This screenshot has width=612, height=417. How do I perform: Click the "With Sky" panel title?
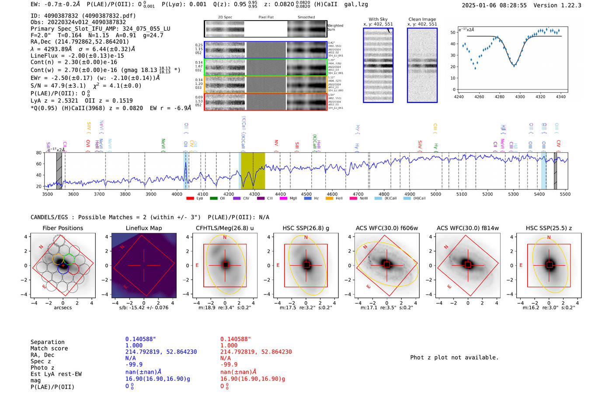pos(378,19)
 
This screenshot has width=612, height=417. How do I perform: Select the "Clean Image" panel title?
pos(422,19)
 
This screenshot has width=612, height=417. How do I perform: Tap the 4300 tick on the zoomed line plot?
pos(520,97)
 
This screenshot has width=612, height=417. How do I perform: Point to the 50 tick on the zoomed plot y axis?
pos(453,32)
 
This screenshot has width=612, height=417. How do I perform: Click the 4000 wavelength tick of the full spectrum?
pos(177,194)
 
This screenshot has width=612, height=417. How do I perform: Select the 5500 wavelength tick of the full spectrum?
pos(565,194)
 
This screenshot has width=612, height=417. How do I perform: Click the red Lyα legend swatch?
pos(190,199)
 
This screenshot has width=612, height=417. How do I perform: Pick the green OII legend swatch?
pos(214,199)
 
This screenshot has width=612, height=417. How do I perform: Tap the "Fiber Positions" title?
pos(63,228)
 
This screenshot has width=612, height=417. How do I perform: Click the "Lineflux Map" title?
pos(143,228)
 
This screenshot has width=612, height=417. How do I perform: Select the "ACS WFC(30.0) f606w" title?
pos(386,228)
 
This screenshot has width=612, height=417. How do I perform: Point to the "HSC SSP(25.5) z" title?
pos(549,228)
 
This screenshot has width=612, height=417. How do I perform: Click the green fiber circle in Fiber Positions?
pos(69,259)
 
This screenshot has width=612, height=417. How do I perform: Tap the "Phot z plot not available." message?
pos(454,357)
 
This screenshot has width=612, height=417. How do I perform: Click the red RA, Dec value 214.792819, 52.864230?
pos(256,352)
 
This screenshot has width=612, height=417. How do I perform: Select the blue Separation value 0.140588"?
pos(140,339)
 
